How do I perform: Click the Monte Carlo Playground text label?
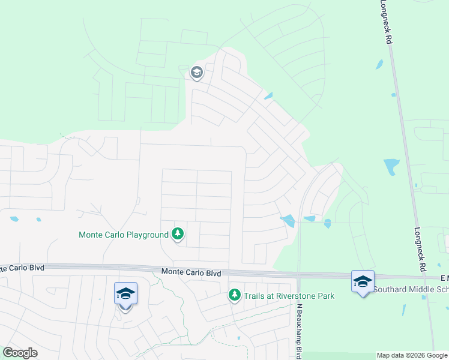coord(124,235)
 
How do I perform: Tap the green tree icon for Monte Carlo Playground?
coord(178,233)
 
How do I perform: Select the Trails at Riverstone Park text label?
coord(289,296)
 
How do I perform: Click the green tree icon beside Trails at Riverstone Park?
coord(234,295)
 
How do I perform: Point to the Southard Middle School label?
coord(411,289)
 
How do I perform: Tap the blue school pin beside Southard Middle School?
coord(363,281)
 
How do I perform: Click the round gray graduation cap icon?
coord(196,73)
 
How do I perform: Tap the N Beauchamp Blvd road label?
coord(298,330)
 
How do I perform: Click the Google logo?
coord(20,352)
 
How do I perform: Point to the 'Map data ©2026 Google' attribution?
coord(412,356)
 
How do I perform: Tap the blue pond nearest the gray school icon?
coord(268,96)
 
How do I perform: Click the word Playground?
coord(147,235)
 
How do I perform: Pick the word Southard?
coord(389,289)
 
